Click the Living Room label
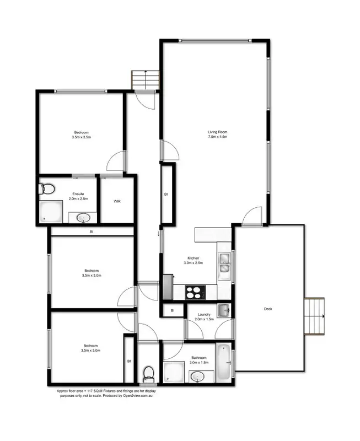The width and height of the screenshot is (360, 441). coord(217,132)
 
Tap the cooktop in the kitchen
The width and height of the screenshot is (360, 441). coord(194,292)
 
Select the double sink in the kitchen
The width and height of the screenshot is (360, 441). coord(224,263)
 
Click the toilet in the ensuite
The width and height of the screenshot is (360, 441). coord(47,189)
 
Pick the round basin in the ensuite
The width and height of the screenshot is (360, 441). coord(83,218)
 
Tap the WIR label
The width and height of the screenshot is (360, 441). coord(117,201)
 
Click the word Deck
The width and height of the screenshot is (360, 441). coord(268,309)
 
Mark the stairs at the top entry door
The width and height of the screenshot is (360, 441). coord(144,79)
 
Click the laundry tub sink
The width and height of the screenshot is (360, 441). coord(223,310)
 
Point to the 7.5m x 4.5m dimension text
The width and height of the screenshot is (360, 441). coord(217,137)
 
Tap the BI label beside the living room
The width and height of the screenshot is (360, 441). coord(165,195)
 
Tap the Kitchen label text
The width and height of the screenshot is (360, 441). coord(193,259)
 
